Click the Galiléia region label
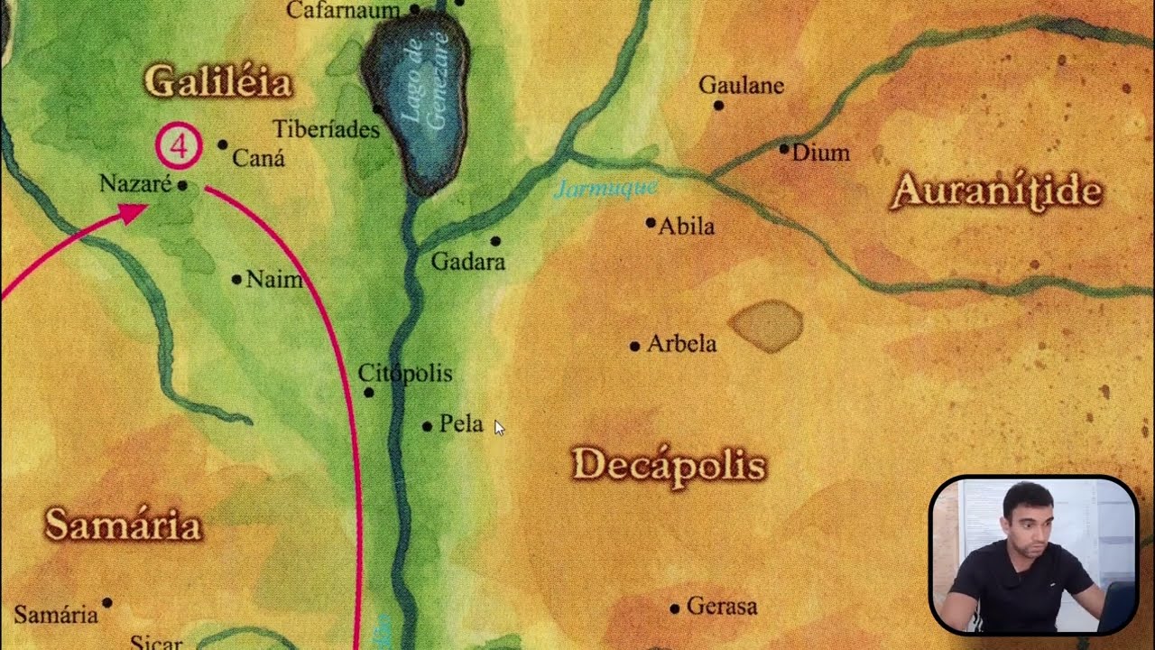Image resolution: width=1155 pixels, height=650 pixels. coord(218,82)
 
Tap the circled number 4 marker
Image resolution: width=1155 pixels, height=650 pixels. coord(178,145)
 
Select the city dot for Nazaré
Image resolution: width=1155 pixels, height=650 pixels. coord(182,186)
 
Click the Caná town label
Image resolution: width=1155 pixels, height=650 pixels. coord(258,159)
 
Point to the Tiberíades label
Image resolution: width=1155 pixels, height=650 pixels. coord(326,129)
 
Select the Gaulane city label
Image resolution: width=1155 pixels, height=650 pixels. coord(742,86)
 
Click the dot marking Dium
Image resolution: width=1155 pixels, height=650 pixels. coord(784,148)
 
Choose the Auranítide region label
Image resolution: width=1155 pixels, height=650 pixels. coord(996,191)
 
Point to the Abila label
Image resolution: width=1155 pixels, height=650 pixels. coord(686,226)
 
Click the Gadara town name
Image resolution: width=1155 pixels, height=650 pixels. coord(467,262)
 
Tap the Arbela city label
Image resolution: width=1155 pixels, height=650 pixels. coord(681,344)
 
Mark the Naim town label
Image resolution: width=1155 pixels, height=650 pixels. coord(274,279)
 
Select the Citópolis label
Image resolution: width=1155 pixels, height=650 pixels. coord(405,373)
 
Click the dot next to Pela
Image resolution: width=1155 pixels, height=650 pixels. coord(427,426)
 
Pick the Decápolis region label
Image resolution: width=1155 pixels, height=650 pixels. coord(669,465)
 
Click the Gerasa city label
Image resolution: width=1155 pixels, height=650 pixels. coord(721,607)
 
